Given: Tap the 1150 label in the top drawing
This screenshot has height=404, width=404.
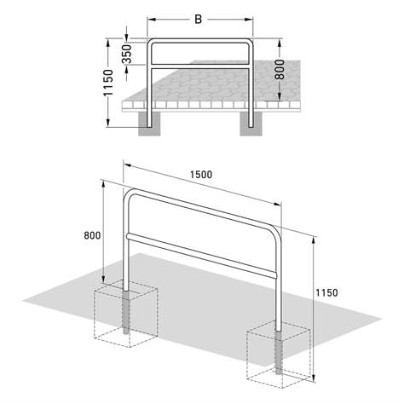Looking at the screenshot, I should pos(108,84).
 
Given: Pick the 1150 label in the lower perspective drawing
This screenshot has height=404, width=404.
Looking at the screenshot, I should pos(326,292).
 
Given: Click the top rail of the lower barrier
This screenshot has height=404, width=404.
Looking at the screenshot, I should pos(201,210).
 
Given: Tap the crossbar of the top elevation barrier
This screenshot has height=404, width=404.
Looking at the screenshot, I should pos(200,66).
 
